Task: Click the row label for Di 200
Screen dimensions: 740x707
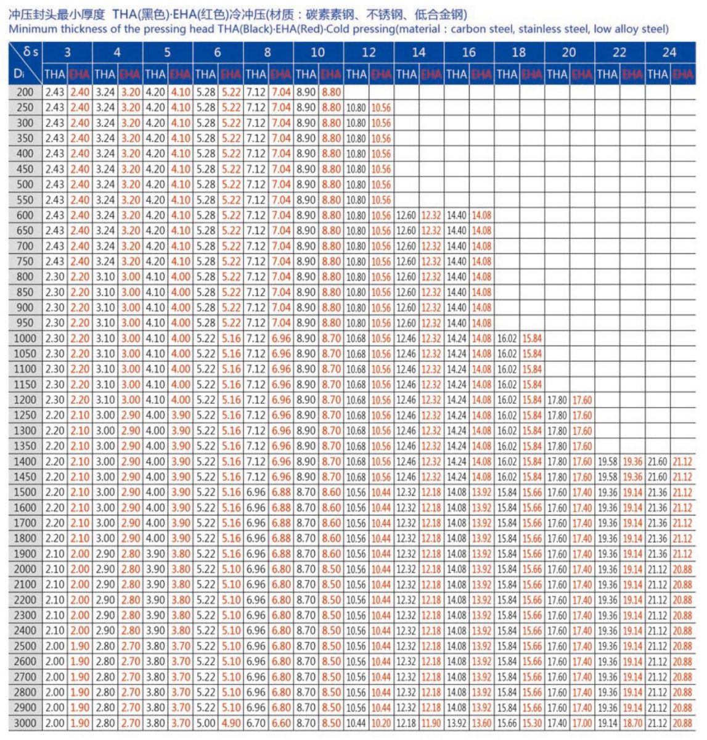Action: (x=25, y=92)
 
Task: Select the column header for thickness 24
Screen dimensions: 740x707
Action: (x=669, y=52)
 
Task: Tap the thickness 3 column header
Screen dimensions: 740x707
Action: (x=67, y=52)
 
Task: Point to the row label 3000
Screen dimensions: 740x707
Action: (x=25, y=723)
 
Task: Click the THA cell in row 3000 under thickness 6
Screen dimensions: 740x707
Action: (x=205, y=723)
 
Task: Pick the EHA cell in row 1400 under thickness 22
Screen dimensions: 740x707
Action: (x=632, y=461)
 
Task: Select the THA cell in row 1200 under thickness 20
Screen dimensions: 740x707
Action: (x=557, y=400)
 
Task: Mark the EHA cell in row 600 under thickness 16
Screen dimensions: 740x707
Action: (x=481, y=215)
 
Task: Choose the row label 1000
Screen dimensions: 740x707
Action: (x=25, y=338)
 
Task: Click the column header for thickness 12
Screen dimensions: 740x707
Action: (x=368, y=52)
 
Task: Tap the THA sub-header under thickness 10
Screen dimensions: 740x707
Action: (x=306, y=75)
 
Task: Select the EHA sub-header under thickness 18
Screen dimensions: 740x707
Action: (x=531, y=75)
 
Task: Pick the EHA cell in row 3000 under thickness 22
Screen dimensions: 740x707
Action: (x=632, y=723)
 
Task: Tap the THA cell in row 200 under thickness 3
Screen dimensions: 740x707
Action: (x=55, y=92)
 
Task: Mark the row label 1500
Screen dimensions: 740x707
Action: (x=25, y=492)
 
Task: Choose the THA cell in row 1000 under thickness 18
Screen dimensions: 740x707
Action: (x=507, y=338)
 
